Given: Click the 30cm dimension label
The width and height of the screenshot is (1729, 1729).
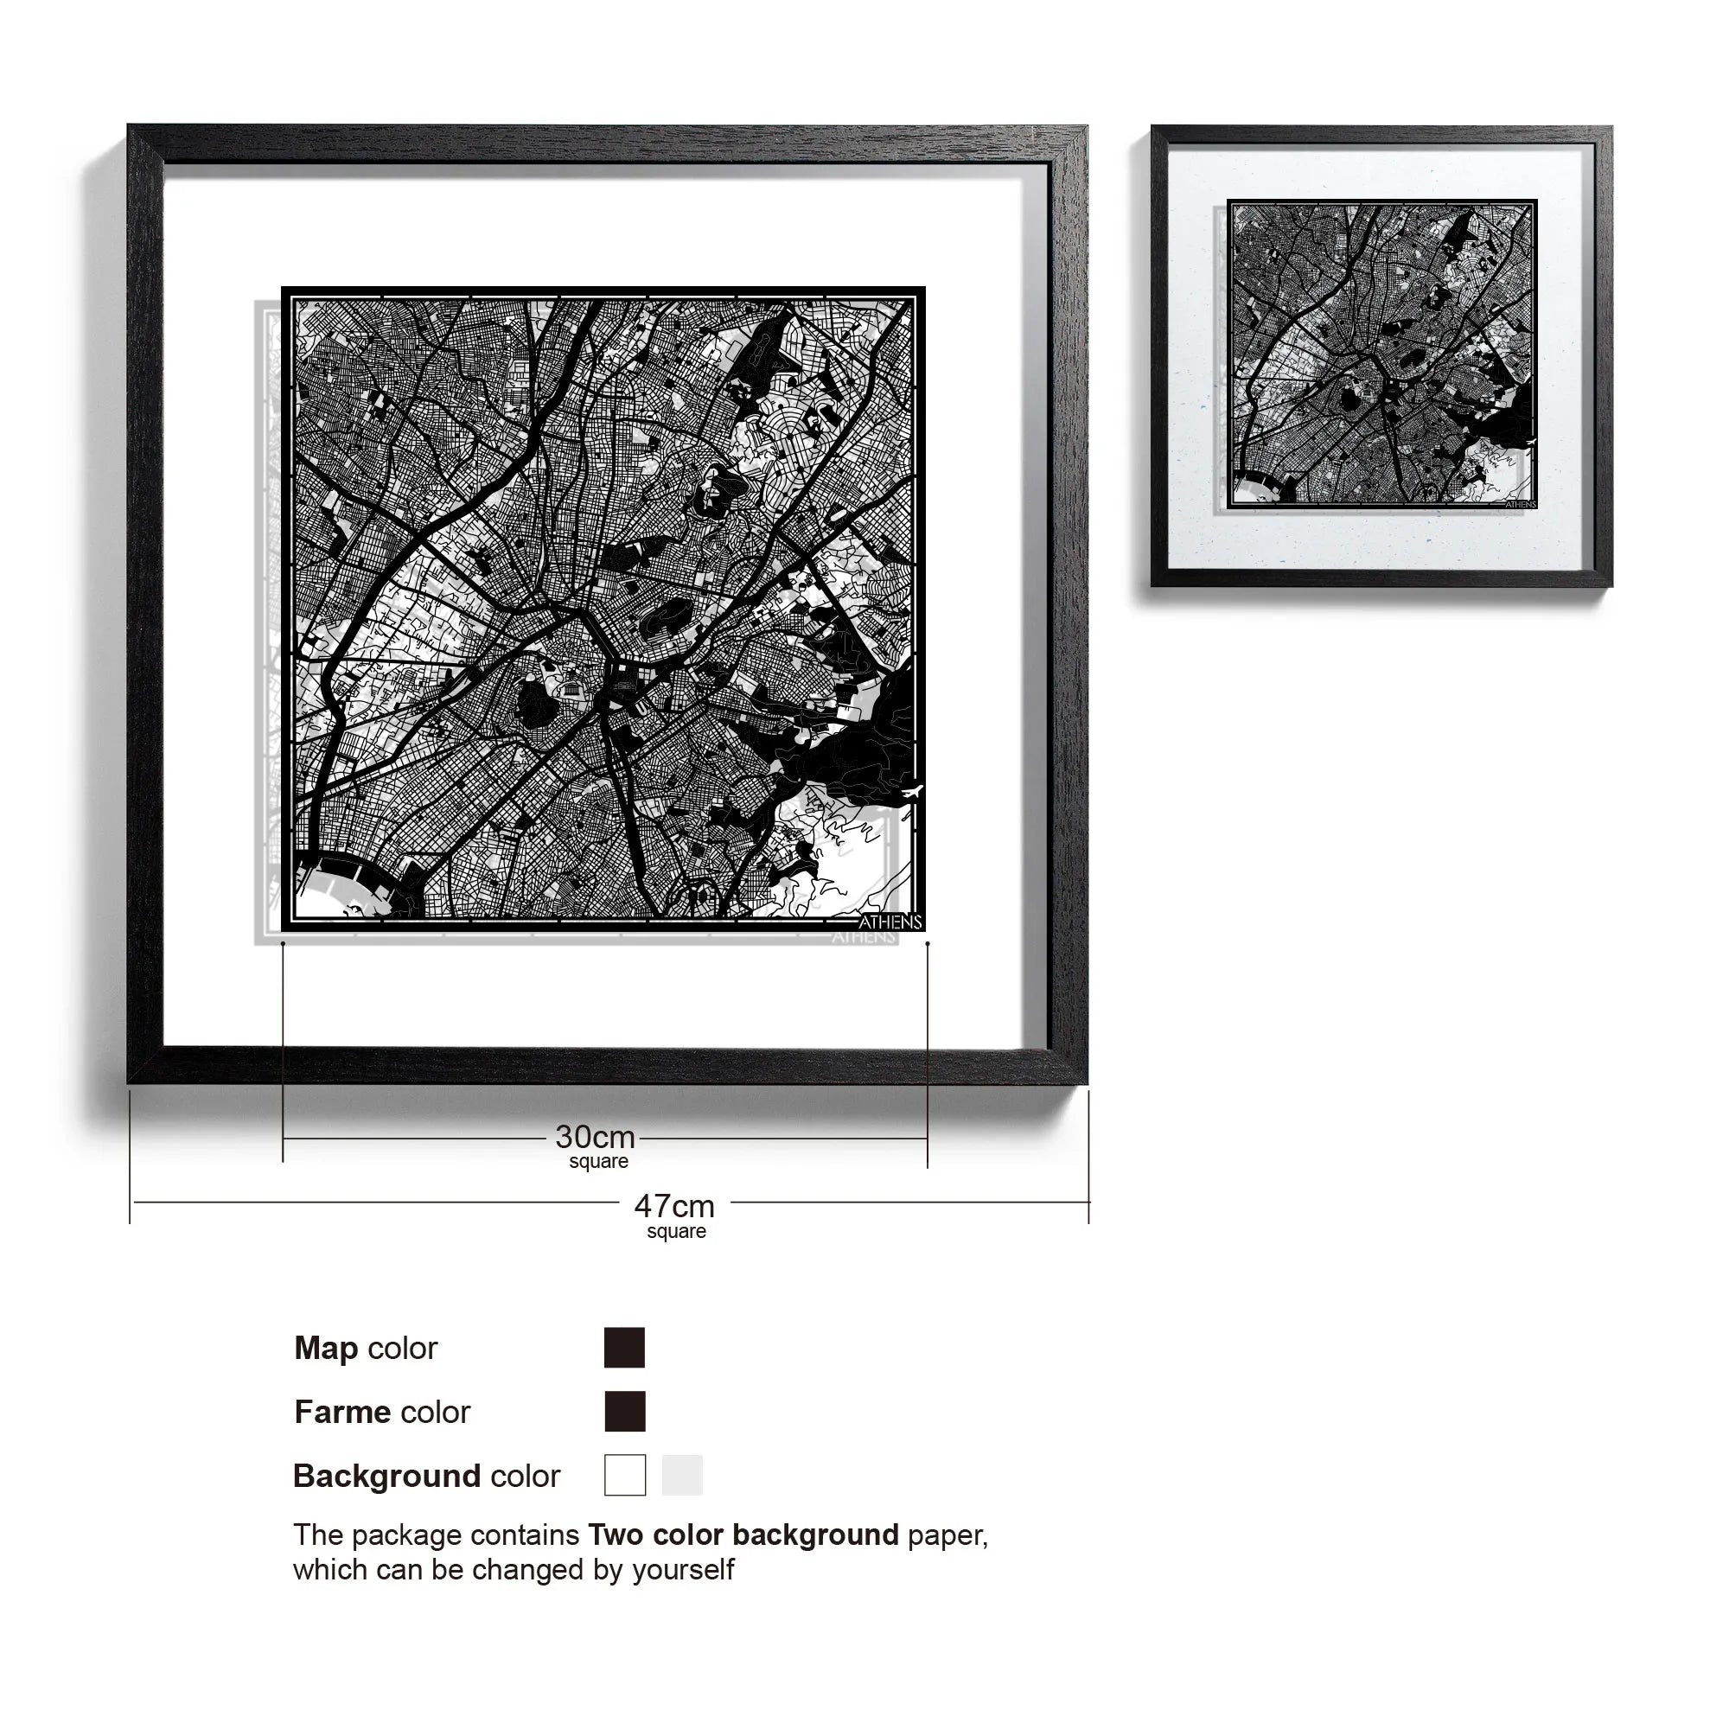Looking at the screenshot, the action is coord(594,1138).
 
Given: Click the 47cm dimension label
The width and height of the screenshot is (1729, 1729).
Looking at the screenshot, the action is coord(674,1206).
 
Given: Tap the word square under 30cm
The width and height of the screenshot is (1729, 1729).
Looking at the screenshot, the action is coord(599,1162).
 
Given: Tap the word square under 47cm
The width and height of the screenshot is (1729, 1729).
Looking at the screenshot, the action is coord(677,1231).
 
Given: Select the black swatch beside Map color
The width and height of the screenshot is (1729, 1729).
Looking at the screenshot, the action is coord(624,1348).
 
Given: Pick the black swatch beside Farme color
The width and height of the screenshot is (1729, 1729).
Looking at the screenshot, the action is coord(624,1412).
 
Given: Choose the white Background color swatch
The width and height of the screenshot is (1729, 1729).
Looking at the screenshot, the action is coord(625,1475).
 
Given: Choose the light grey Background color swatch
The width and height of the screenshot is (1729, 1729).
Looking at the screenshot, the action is coord(682,1475).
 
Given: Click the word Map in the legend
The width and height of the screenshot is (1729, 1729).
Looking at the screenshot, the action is coord(326,1348).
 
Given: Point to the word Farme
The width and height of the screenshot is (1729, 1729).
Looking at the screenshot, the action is coord(342,1413).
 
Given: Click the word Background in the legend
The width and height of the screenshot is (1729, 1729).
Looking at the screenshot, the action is coord(386,1476).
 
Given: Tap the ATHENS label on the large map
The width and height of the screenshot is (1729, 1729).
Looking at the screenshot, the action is coord(890,922).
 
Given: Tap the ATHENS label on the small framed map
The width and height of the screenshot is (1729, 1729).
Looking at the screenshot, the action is coord(1521,504).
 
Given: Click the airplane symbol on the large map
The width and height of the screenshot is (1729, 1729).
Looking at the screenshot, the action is coord(912,791).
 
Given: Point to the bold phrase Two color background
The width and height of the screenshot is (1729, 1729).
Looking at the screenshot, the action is coord(743,1534).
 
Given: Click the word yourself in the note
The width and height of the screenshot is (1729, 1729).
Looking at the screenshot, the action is coord(683,1570).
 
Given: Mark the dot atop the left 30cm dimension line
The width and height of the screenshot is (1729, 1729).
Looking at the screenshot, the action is coord(283,943).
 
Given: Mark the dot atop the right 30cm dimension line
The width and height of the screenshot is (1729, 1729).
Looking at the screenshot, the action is coord(927,943).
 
